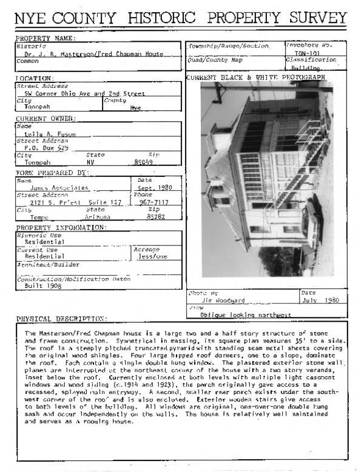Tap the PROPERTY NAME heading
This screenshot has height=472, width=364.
(x=46, y=39)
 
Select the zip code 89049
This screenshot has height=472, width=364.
(x=143, y=162)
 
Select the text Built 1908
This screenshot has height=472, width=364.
(x=48, y=285)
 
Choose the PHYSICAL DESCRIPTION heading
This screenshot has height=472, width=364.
(x=61, y=319)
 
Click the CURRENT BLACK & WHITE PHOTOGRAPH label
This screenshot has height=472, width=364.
(x=255, y=77)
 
